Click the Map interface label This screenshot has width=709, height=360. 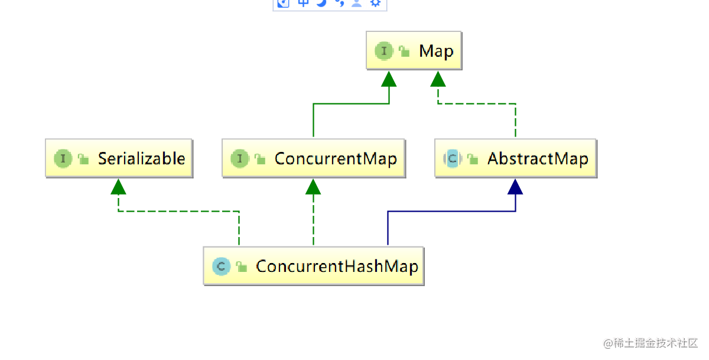click(x=436, y=51)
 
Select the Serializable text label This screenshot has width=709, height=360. click(x=141, y=158)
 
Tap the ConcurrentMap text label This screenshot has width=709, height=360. click(x=336, y=158)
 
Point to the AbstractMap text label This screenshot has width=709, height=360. click(x=538, y=158)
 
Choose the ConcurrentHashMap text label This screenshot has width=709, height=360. click(x=337, y=266)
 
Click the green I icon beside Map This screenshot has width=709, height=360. click(x=384, y=51)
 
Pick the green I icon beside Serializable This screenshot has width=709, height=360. click(x=63, y=158)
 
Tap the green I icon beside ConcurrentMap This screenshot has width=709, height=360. click(x=240, y=158)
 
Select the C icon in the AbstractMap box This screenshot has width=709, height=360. click(x=452, y=158)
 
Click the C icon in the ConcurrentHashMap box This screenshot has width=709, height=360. click(x=221, y=267)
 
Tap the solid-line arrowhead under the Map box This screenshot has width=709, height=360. click(x=389, y=79)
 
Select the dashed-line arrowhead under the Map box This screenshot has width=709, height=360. click(x=438, y=79)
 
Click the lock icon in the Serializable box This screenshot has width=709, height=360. click(x=83, y=158)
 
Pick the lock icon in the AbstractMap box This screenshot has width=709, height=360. click(x=472, y=158)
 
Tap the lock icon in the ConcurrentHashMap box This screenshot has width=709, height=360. click(x=241, y=267)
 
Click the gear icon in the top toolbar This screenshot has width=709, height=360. click(x=375, y=2)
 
